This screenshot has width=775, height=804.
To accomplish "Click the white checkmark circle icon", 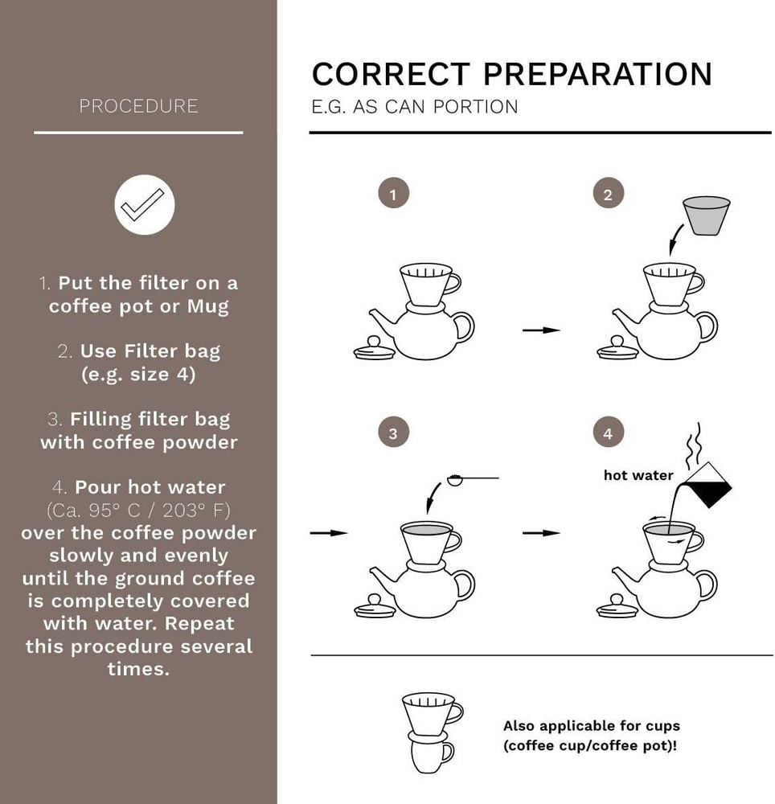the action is click(x=145, y=204).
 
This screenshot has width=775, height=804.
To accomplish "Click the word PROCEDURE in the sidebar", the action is click(x=138, y=106).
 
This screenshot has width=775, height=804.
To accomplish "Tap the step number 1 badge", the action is click(x=394, y=193).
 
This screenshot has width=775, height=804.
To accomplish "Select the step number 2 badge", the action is click(x=608, y=193).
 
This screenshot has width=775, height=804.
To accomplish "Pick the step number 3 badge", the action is click(x=394, y=433).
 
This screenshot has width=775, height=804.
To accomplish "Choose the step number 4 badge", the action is click(x=608, y=433).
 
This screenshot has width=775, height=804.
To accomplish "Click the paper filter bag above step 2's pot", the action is click(x=707, y=215).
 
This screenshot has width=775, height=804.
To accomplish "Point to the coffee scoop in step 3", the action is click(x=472, y=479).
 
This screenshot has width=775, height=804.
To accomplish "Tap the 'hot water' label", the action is click(x=638, y=475).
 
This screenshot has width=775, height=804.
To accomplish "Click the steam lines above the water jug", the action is click(x=694, y=442).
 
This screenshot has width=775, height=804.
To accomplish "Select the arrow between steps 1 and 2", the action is click(x=541, y=330).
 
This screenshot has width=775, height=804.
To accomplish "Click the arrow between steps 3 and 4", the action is click(x=541, y=533).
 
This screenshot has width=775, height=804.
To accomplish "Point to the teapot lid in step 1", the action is click(x=375, y=349).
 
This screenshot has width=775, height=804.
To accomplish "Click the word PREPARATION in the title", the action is click(x=597, y=74).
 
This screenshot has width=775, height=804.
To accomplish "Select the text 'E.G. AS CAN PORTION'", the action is click(x=415, y=107).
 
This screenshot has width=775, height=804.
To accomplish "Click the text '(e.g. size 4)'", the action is click(x=138, y=375).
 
